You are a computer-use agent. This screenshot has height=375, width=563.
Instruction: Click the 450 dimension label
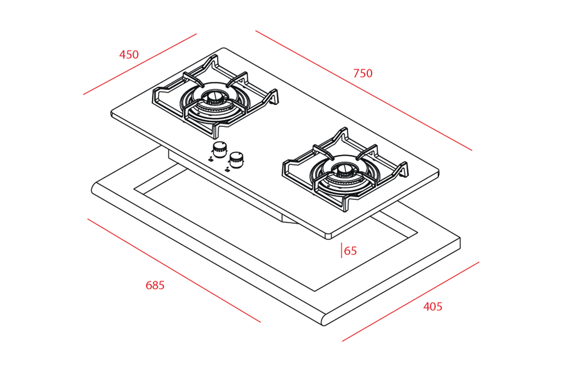[129, 55]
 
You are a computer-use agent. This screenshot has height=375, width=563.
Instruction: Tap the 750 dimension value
[362, 74]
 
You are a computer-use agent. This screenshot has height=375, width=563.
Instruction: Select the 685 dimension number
[155, 286]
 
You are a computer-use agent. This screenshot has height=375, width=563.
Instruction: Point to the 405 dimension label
[432, 307]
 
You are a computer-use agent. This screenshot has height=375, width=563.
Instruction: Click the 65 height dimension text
[350, 251]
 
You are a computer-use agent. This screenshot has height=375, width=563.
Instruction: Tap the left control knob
[220, 149]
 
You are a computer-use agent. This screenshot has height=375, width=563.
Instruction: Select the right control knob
[236, 157]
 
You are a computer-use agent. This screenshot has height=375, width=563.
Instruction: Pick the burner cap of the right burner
[345, 168]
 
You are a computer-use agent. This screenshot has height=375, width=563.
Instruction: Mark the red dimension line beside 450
[139, 64]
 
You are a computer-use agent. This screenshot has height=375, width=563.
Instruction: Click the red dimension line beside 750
[363, 91]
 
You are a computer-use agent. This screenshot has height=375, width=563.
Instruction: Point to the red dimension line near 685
[173, 270]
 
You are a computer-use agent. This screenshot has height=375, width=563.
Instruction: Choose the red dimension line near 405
[410, 301]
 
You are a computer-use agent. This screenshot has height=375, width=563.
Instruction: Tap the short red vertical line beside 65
[342, 251]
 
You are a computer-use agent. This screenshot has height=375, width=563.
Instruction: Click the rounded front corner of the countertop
[324, 322]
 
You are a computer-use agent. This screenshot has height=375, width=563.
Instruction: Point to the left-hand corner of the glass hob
[113, 114]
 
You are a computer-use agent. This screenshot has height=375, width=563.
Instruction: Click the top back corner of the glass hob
[224, 49]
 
